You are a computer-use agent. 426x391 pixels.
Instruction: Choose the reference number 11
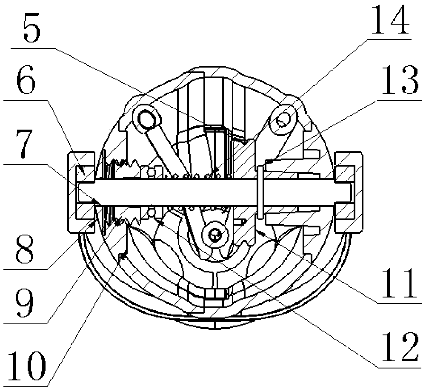click(x=400, y=283)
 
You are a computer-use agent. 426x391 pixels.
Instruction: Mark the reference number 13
click(x=399, y=79)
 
